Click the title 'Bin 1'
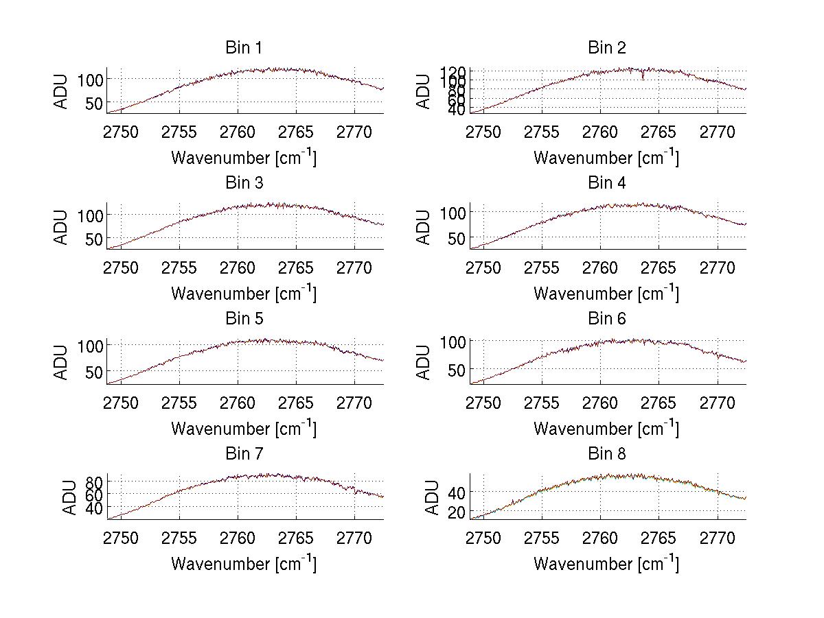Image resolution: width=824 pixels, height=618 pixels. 243,48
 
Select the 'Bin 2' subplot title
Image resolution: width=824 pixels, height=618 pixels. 607,48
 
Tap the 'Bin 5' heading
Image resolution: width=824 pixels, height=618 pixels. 243,319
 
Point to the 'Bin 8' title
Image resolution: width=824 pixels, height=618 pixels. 607,454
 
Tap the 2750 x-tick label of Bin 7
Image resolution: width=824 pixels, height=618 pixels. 122,538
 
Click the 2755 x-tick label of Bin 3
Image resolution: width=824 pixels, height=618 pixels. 180,267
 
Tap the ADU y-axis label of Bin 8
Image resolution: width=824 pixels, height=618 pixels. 432,497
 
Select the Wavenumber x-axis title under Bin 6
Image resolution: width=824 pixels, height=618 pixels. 606,429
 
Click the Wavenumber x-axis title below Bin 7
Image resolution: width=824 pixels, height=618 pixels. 243,564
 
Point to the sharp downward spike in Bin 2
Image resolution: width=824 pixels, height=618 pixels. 643,76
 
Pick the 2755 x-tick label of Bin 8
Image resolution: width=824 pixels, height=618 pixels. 542,538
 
